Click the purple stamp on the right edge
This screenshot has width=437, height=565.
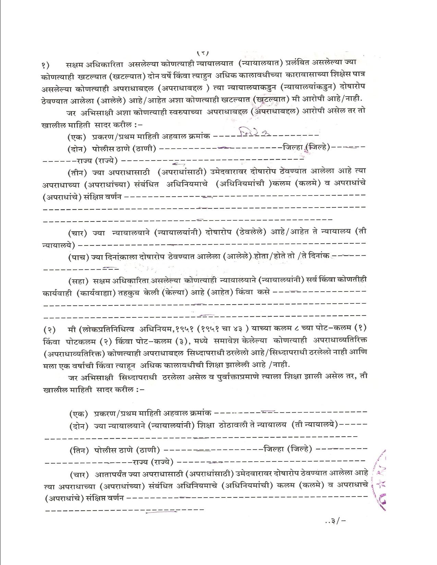(381, 479)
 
